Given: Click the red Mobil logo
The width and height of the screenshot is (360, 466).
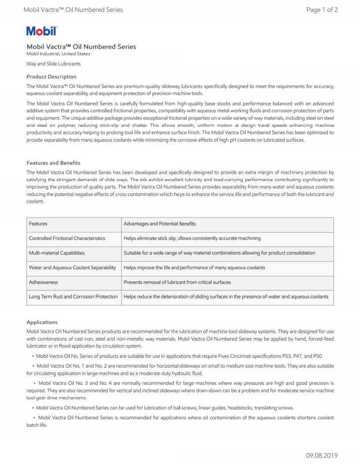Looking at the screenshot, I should (42, 31).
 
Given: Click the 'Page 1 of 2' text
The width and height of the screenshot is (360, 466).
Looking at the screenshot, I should (322, 10).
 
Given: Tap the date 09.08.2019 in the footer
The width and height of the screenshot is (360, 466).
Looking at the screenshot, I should (322, 456).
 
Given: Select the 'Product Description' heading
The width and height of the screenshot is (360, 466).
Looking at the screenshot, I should (51, 77).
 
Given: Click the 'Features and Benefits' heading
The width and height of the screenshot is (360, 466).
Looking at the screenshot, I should (53, 163).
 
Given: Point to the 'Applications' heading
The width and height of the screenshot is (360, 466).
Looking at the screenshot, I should (42, 322).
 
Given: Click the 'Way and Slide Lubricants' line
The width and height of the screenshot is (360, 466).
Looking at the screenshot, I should (53, 64).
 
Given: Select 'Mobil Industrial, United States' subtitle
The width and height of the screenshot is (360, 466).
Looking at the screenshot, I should (58, 54).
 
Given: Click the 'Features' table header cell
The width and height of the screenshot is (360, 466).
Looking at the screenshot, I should (38, 224).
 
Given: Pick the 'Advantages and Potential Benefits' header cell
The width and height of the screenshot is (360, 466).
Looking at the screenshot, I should (160, 224).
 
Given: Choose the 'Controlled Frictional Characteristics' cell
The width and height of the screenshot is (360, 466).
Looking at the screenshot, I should (67, 238).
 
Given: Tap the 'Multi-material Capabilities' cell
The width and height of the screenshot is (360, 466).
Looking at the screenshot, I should (57, 253).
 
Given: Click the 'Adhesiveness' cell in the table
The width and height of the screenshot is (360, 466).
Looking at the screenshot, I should (44, 282).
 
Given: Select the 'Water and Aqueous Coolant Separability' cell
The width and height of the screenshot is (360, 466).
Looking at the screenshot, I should (72, 267).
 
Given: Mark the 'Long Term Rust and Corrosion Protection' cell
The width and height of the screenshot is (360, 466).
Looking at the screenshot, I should (73, 297).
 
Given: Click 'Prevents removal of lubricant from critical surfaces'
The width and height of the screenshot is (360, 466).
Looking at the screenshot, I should (177, 282).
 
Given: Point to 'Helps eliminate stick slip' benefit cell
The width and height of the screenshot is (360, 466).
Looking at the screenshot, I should (192, 238).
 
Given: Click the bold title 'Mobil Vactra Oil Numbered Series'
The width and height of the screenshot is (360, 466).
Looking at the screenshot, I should (81, 47).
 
